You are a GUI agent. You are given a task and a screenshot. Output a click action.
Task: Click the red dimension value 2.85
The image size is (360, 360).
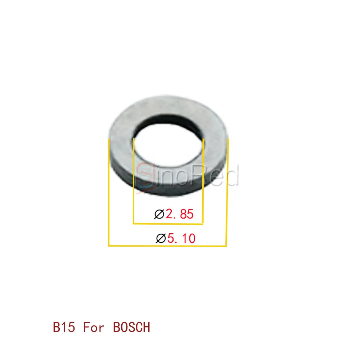coord(180,214)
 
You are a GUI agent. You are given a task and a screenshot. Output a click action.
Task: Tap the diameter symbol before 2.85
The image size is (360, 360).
coord(159,214)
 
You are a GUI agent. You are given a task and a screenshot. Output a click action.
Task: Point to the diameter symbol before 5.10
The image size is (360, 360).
coord(161,238)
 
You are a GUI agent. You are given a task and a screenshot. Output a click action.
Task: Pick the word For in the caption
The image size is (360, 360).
coord(95,327)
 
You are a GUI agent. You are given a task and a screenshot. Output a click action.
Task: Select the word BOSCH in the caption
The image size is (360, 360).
coord(131,327)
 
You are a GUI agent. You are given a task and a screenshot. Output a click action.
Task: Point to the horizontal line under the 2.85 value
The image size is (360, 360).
coord(168,224)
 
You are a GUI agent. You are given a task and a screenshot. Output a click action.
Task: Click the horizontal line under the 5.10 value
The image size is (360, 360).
coord(167,246)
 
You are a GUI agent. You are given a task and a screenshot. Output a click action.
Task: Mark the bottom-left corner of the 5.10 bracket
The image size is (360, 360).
coord(109,246)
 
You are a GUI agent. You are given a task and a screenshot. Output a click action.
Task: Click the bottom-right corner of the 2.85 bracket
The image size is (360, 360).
coord(203,224)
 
